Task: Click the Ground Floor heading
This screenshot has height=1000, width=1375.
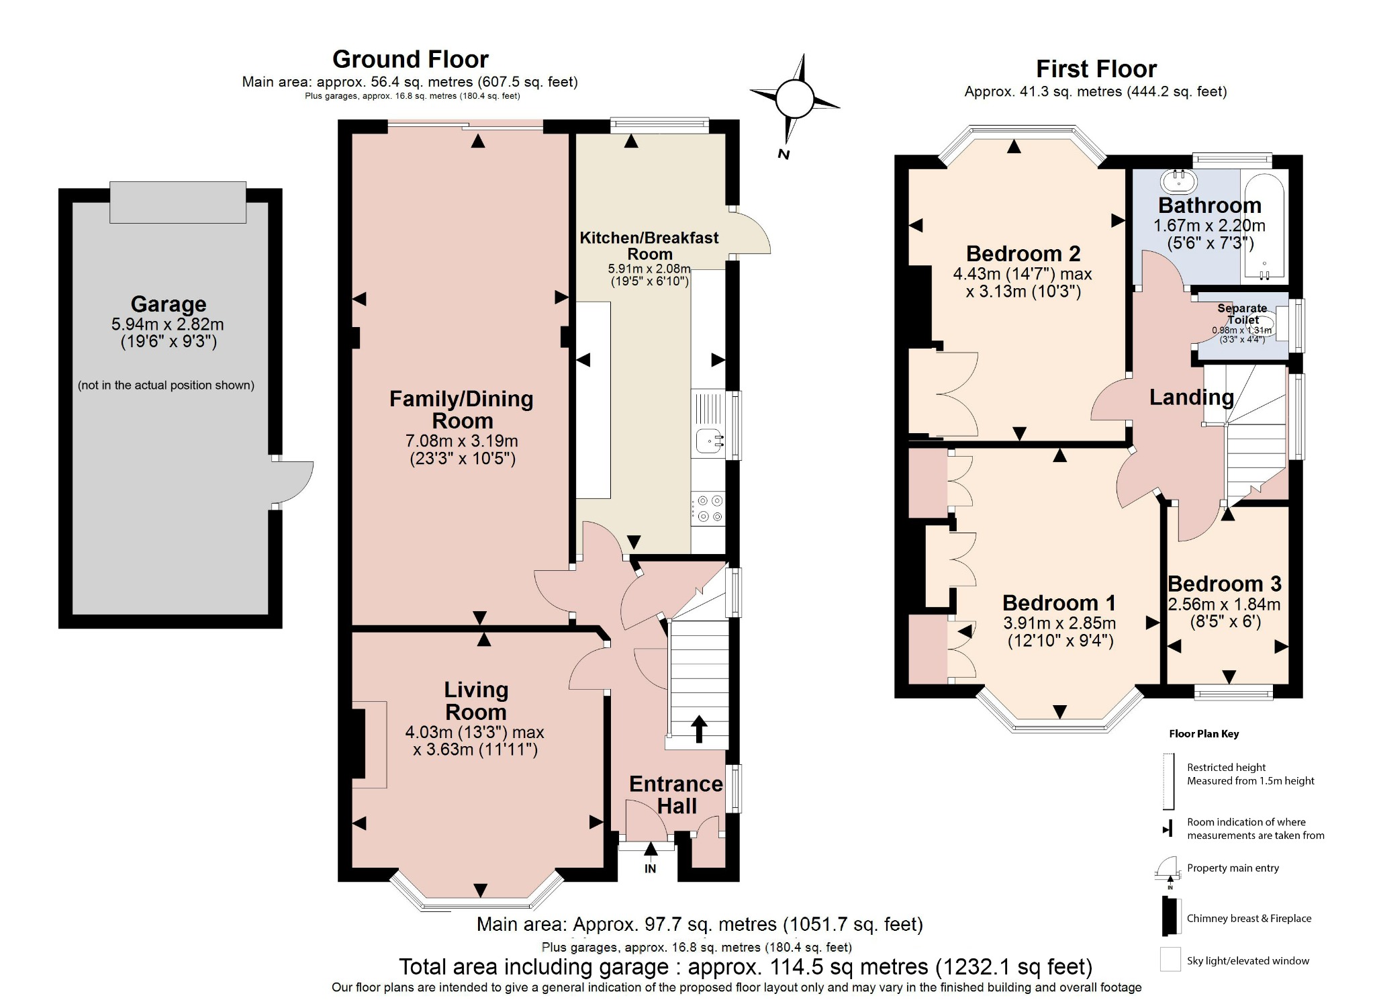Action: point(410,60)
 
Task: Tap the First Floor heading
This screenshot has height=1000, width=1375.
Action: point(1096,69)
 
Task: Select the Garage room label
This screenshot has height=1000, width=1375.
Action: point(168,304)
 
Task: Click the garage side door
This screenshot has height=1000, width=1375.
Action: point(293,482)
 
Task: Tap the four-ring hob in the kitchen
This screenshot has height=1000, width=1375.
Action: point(709,508)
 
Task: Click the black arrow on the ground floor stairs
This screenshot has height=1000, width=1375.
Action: point(699,729)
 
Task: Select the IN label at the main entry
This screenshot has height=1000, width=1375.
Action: point(650,868)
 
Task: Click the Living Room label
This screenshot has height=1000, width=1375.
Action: point(475,700)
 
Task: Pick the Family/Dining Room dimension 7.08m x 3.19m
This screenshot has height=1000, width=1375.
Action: point(462,441)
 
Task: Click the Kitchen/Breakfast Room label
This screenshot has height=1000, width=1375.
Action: point(649,246)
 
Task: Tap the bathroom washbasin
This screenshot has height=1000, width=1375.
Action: point(1178,180)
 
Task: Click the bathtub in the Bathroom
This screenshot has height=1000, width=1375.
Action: point(1264,228)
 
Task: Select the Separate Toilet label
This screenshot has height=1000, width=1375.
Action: point(1242,314)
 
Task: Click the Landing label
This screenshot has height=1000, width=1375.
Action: point(1191,398)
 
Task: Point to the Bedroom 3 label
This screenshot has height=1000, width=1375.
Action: point(1224,584)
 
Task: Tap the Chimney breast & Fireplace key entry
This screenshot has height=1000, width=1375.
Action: point(1248,918)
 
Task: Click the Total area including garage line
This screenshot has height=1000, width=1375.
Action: point(745,966)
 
